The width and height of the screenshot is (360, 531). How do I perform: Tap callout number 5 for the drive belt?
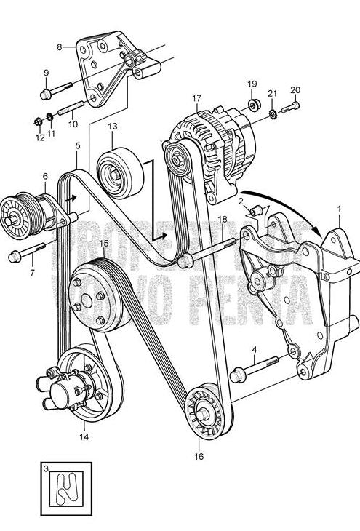tap(77, 145)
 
